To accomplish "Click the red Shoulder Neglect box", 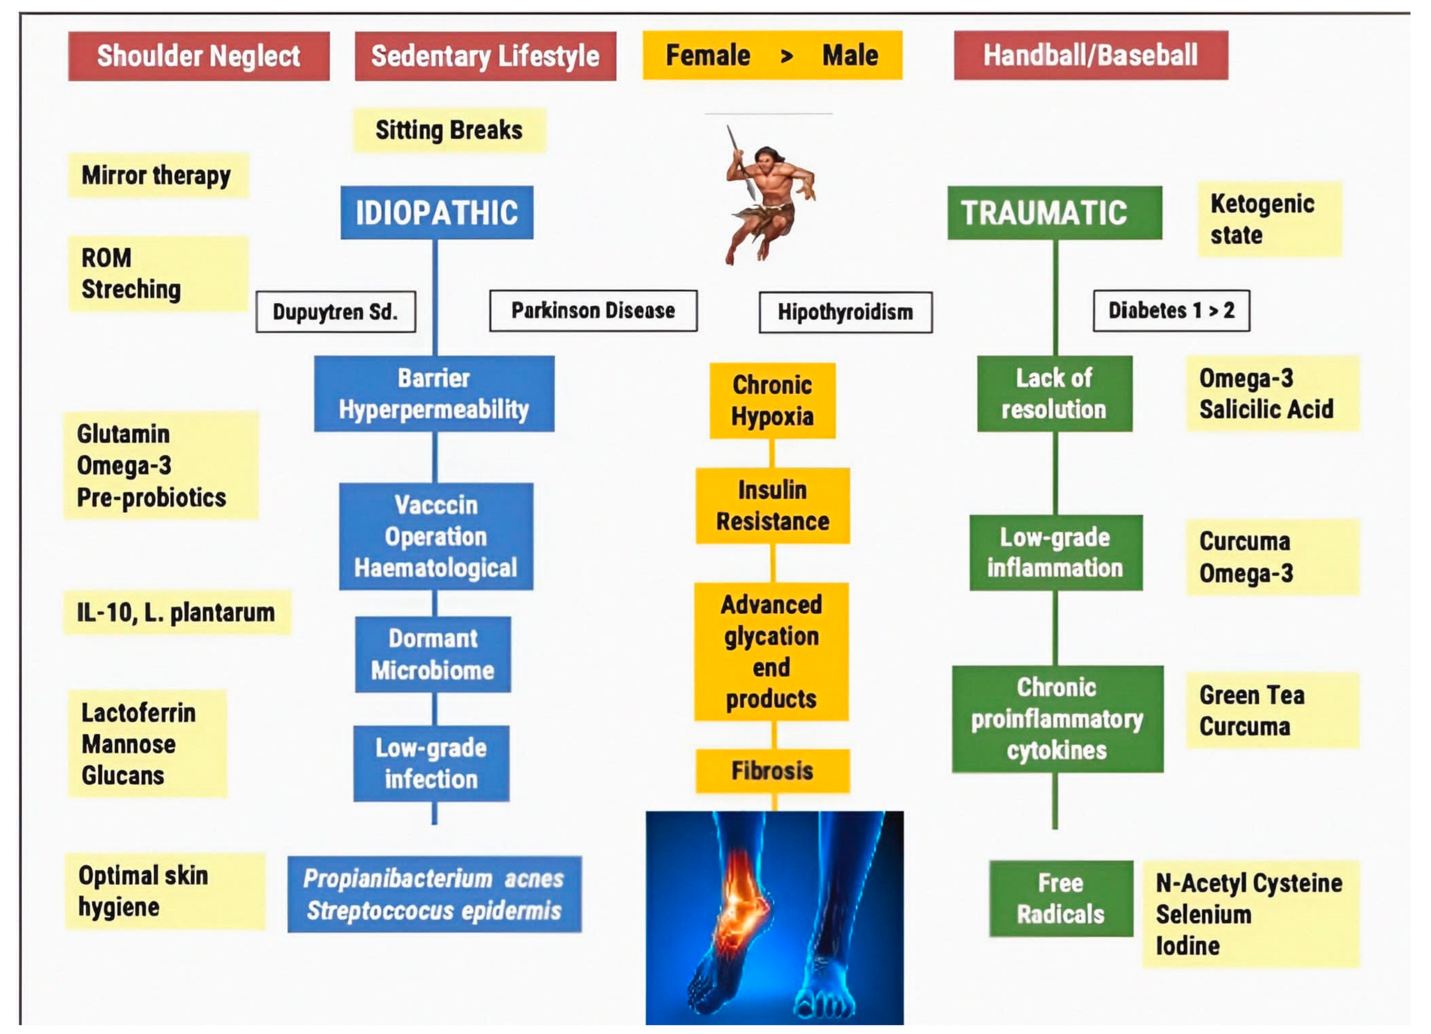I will point(199,56).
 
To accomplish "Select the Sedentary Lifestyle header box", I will point(485,56).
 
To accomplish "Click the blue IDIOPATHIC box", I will point(437,213).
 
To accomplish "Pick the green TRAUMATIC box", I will point(1054,213).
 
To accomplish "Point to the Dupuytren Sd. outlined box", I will point(336,311).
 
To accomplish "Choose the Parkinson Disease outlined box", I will point(593,310).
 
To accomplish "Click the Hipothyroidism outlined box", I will point(846,311).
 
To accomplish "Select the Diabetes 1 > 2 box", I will point(1171,310).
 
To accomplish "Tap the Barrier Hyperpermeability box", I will point(434,394).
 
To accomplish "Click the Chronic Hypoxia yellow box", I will point(772,400).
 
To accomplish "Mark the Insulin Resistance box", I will point(772,505).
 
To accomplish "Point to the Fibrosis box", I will point(772,770).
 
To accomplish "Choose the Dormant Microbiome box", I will point(433,654).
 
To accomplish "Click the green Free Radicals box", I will point(1061,898).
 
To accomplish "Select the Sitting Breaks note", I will point(449,130).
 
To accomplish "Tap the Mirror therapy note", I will point(158,176).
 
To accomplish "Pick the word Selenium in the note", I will point(1203,914).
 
